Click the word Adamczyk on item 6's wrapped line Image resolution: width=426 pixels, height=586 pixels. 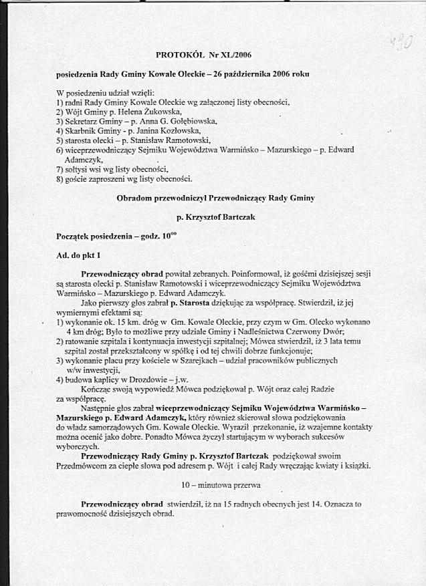click(x=84, y=160)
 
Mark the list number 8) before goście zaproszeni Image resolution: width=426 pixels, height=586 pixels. click(x=60, y=179)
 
